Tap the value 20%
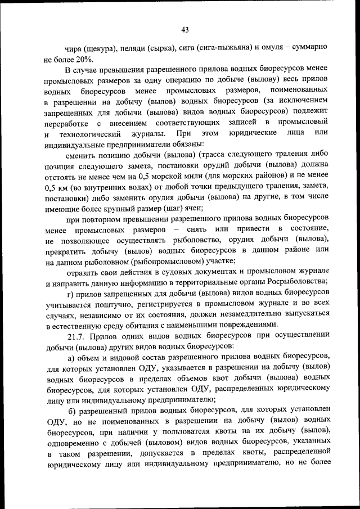88,60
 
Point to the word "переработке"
65,123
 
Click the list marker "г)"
71,293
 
